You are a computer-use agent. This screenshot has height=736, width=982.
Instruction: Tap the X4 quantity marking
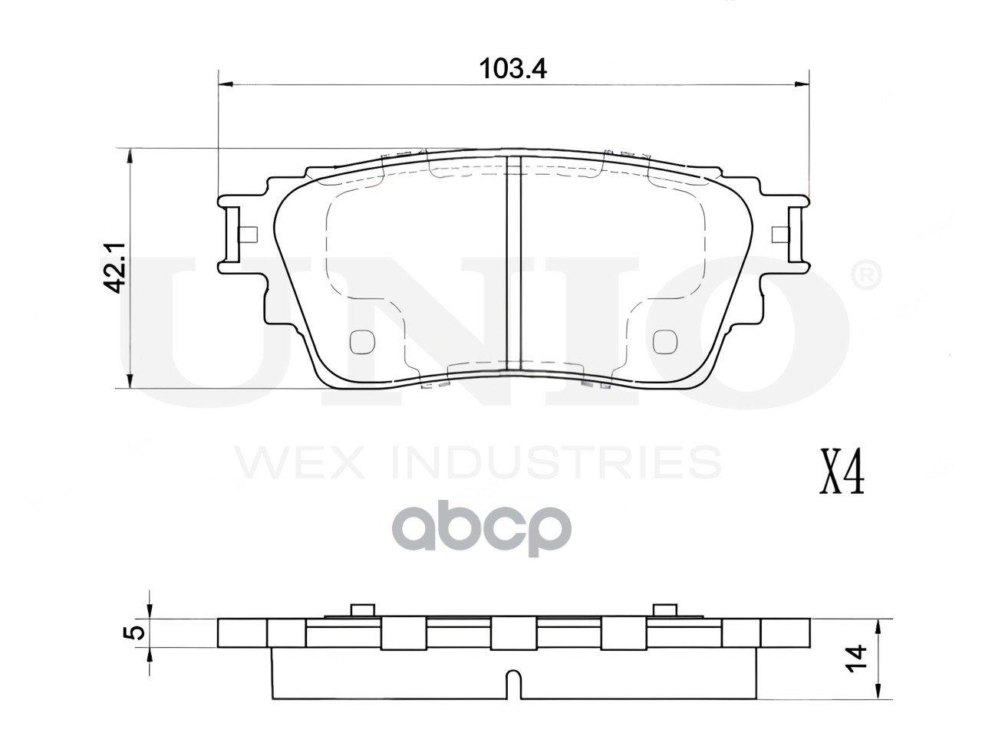[x=842, y=477]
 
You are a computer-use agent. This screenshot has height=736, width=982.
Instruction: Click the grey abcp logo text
[x=482, y=531]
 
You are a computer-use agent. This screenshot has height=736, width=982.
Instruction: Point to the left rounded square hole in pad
[x=361, y=342]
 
